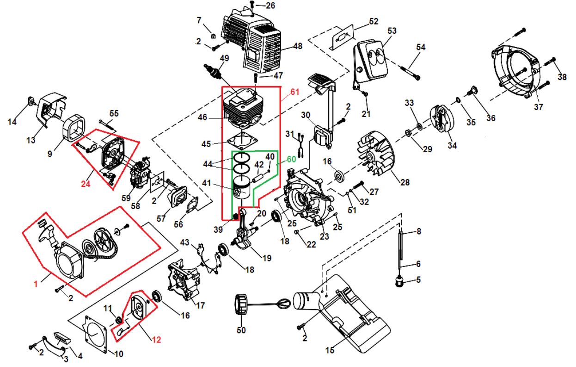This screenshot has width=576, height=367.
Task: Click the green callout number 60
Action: tap(291, 159)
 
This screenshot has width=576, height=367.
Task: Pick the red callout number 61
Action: tap(294, 93)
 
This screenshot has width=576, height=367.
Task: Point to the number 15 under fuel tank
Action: tap(329, 350)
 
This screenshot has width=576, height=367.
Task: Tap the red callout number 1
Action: tap(36, 284)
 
